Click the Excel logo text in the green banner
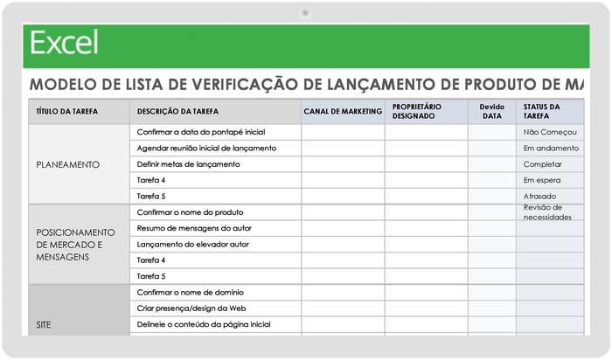63,42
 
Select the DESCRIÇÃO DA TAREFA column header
177,112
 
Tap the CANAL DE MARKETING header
343,112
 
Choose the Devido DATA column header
491,111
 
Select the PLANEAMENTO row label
67,164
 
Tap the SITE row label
44,324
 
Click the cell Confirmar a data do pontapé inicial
201,132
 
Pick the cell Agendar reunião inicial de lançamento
206,149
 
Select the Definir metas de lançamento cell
188,164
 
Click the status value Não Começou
549,132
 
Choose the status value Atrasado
539,196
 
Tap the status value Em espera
541,180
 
